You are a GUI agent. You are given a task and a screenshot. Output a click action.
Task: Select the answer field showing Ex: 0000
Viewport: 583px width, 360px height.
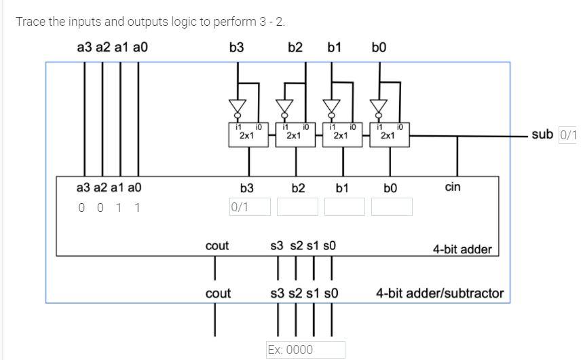coord(305,350)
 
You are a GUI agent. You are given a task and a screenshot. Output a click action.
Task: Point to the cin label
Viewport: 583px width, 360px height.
coord(453,186)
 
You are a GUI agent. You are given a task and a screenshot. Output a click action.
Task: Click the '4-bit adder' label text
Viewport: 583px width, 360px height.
coord(462,249)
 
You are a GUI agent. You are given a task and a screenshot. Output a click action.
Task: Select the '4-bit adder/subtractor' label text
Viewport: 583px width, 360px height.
coord(440,293)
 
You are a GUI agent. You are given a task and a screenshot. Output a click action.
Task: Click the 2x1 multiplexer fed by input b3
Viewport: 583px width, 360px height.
coord(247,132)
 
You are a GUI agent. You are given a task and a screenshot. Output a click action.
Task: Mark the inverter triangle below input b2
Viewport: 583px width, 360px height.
coord(284,107)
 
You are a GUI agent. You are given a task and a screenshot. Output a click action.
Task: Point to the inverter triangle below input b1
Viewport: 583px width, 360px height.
coord(331,107)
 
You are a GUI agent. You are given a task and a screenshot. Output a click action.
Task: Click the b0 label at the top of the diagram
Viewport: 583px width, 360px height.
coord(379,48)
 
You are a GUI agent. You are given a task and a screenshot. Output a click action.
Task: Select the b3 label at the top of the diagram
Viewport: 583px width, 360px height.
coord(237,48)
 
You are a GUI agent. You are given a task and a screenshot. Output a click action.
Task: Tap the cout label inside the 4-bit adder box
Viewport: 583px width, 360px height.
coord(217,246)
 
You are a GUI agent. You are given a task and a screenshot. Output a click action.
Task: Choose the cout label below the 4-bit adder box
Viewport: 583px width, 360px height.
coord(217,293)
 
